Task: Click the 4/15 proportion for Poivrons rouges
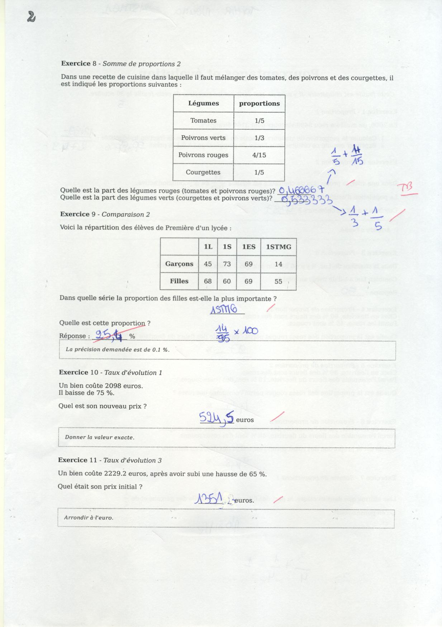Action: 259,155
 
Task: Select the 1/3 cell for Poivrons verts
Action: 259,138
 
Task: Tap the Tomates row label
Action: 203,121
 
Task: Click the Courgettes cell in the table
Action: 203,172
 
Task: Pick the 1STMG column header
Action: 278,247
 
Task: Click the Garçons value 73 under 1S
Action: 227,264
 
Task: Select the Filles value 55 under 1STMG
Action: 278,281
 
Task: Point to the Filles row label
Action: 179,281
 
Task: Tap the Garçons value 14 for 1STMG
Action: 278,264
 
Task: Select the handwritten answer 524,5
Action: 217,418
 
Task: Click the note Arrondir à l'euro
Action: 89,517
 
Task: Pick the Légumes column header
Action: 203,103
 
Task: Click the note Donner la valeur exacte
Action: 100,437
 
